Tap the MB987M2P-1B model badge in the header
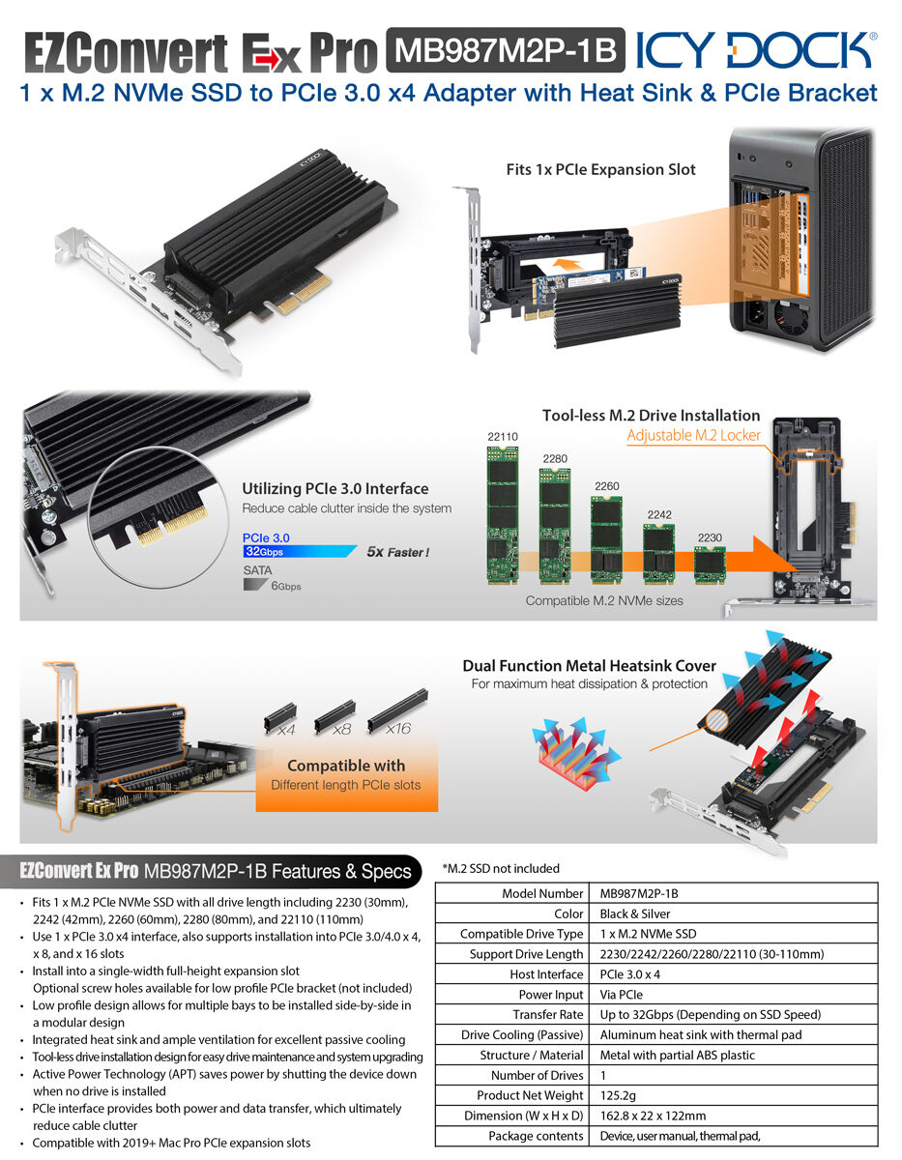coord(505,51)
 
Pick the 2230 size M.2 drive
coord(710,563)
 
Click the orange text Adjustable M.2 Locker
coord(693,436)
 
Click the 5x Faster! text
coord(397,553)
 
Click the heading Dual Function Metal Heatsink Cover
coord(589,666)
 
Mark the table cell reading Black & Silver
coord(634,913)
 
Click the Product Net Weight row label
coord(530,1095)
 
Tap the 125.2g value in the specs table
coord(620,1095)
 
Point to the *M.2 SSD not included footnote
coord(500,868)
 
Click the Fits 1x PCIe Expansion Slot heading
coord(600,169)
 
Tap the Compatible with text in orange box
coord(345,766)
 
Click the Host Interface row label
coord(546,974)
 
